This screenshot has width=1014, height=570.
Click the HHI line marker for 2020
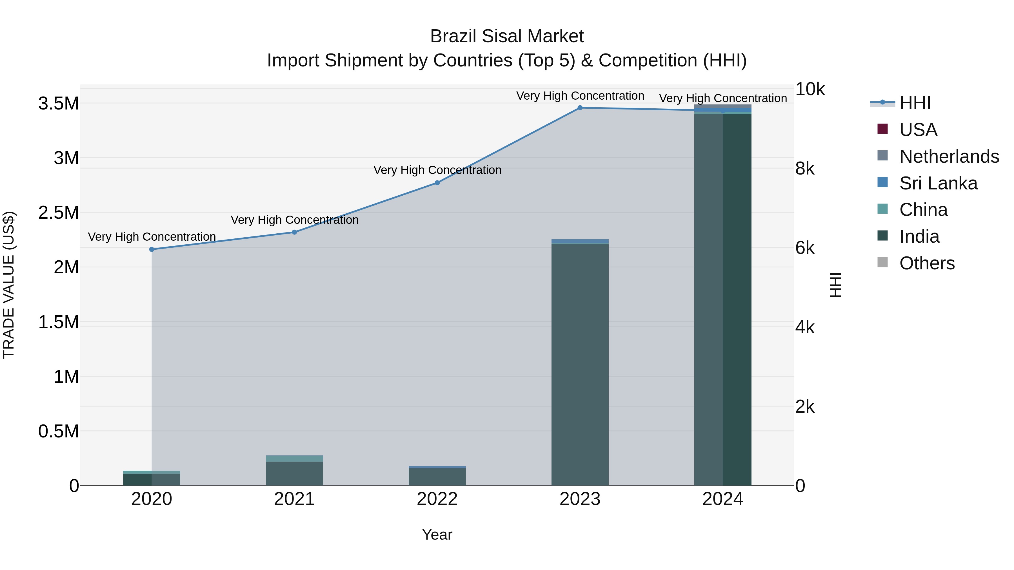[152, 249]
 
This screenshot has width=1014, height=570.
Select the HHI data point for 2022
[437, 183]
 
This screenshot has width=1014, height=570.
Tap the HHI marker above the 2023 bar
[580, 108]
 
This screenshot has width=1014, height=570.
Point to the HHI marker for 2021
[294, 232]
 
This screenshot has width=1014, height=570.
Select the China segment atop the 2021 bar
[294, 459]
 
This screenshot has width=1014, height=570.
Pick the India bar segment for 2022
[437, 477]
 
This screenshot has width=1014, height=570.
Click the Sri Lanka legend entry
[938, 183]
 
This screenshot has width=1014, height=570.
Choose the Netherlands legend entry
[949, 157]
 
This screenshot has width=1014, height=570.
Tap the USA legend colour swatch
[882, 129]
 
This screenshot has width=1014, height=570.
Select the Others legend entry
[927, 263]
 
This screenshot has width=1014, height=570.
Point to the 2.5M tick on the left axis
[59, 213]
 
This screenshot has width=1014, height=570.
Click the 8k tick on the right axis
[805, 169]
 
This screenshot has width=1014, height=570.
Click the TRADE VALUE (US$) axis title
[9, 285]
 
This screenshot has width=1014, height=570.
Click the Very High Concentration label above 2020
[152, 237]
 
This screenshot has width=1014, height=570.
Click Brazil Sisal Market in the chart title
[507, 36]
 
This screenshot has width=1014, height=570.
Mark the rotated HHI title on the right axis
[835, 285]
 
